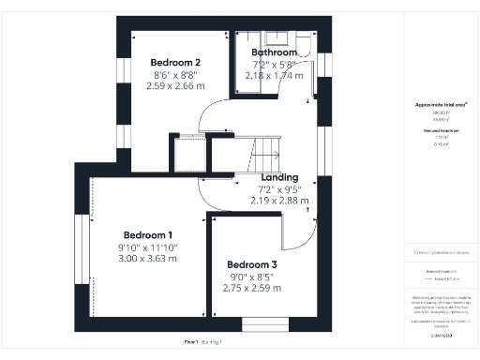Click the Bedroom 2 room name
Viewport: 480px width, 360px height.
[176, 62]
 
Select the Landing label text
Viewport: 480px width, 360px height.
[279, 176]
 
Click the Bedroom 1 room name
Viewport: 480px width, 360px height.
[148, 233]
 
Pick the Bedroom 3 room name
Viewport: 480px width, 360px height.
[253, 263]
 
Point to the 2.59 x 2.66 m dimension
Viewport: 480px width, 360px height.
[176, 85]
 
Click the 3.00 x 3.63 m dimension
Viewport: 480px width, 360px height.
[148, 258]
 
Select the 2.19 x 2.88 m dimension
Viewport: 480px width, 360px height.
[279, 200]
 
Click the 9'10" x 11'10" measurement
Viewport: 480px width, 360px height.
[148, 247]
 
